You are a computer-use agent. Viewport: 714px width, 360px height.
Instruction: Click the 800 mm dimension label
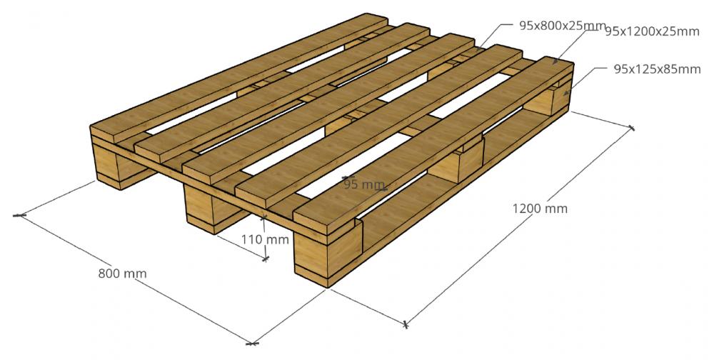(123, 274)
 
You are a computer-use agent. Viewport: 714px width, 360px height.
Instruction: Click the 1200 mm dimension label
(540, 209)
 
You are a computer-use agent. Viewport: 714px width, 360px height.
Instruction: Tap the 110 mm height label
(265, 239)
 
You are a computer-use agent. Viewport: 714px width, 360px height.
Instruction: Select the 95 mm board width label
(364, 184)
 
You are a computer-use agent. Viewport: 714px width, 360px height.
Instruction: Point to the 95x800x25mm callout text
(563, 26)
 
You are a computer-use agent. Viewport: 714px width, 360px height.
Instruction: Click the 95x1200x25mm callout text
(652, 31)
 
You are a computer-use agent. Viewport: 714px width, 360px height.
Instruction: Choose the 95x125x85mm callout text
(657, 69)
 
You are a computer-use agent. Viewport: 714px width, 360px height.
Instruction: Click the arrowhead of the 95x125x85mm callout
(566, 94)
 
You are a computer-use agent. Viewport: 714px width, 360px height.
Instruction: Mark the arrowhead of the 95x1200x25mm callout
(555, 61)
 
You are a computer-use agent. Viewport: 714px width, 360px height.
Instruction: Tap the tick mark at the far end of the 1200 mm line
(632, 128)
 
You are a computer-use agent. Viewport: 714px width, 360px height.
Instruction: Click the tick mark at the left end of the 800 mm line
(19, 215)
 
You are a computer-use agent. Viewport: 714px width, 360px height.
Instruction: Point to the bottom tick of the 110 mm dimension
(266, 259)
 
